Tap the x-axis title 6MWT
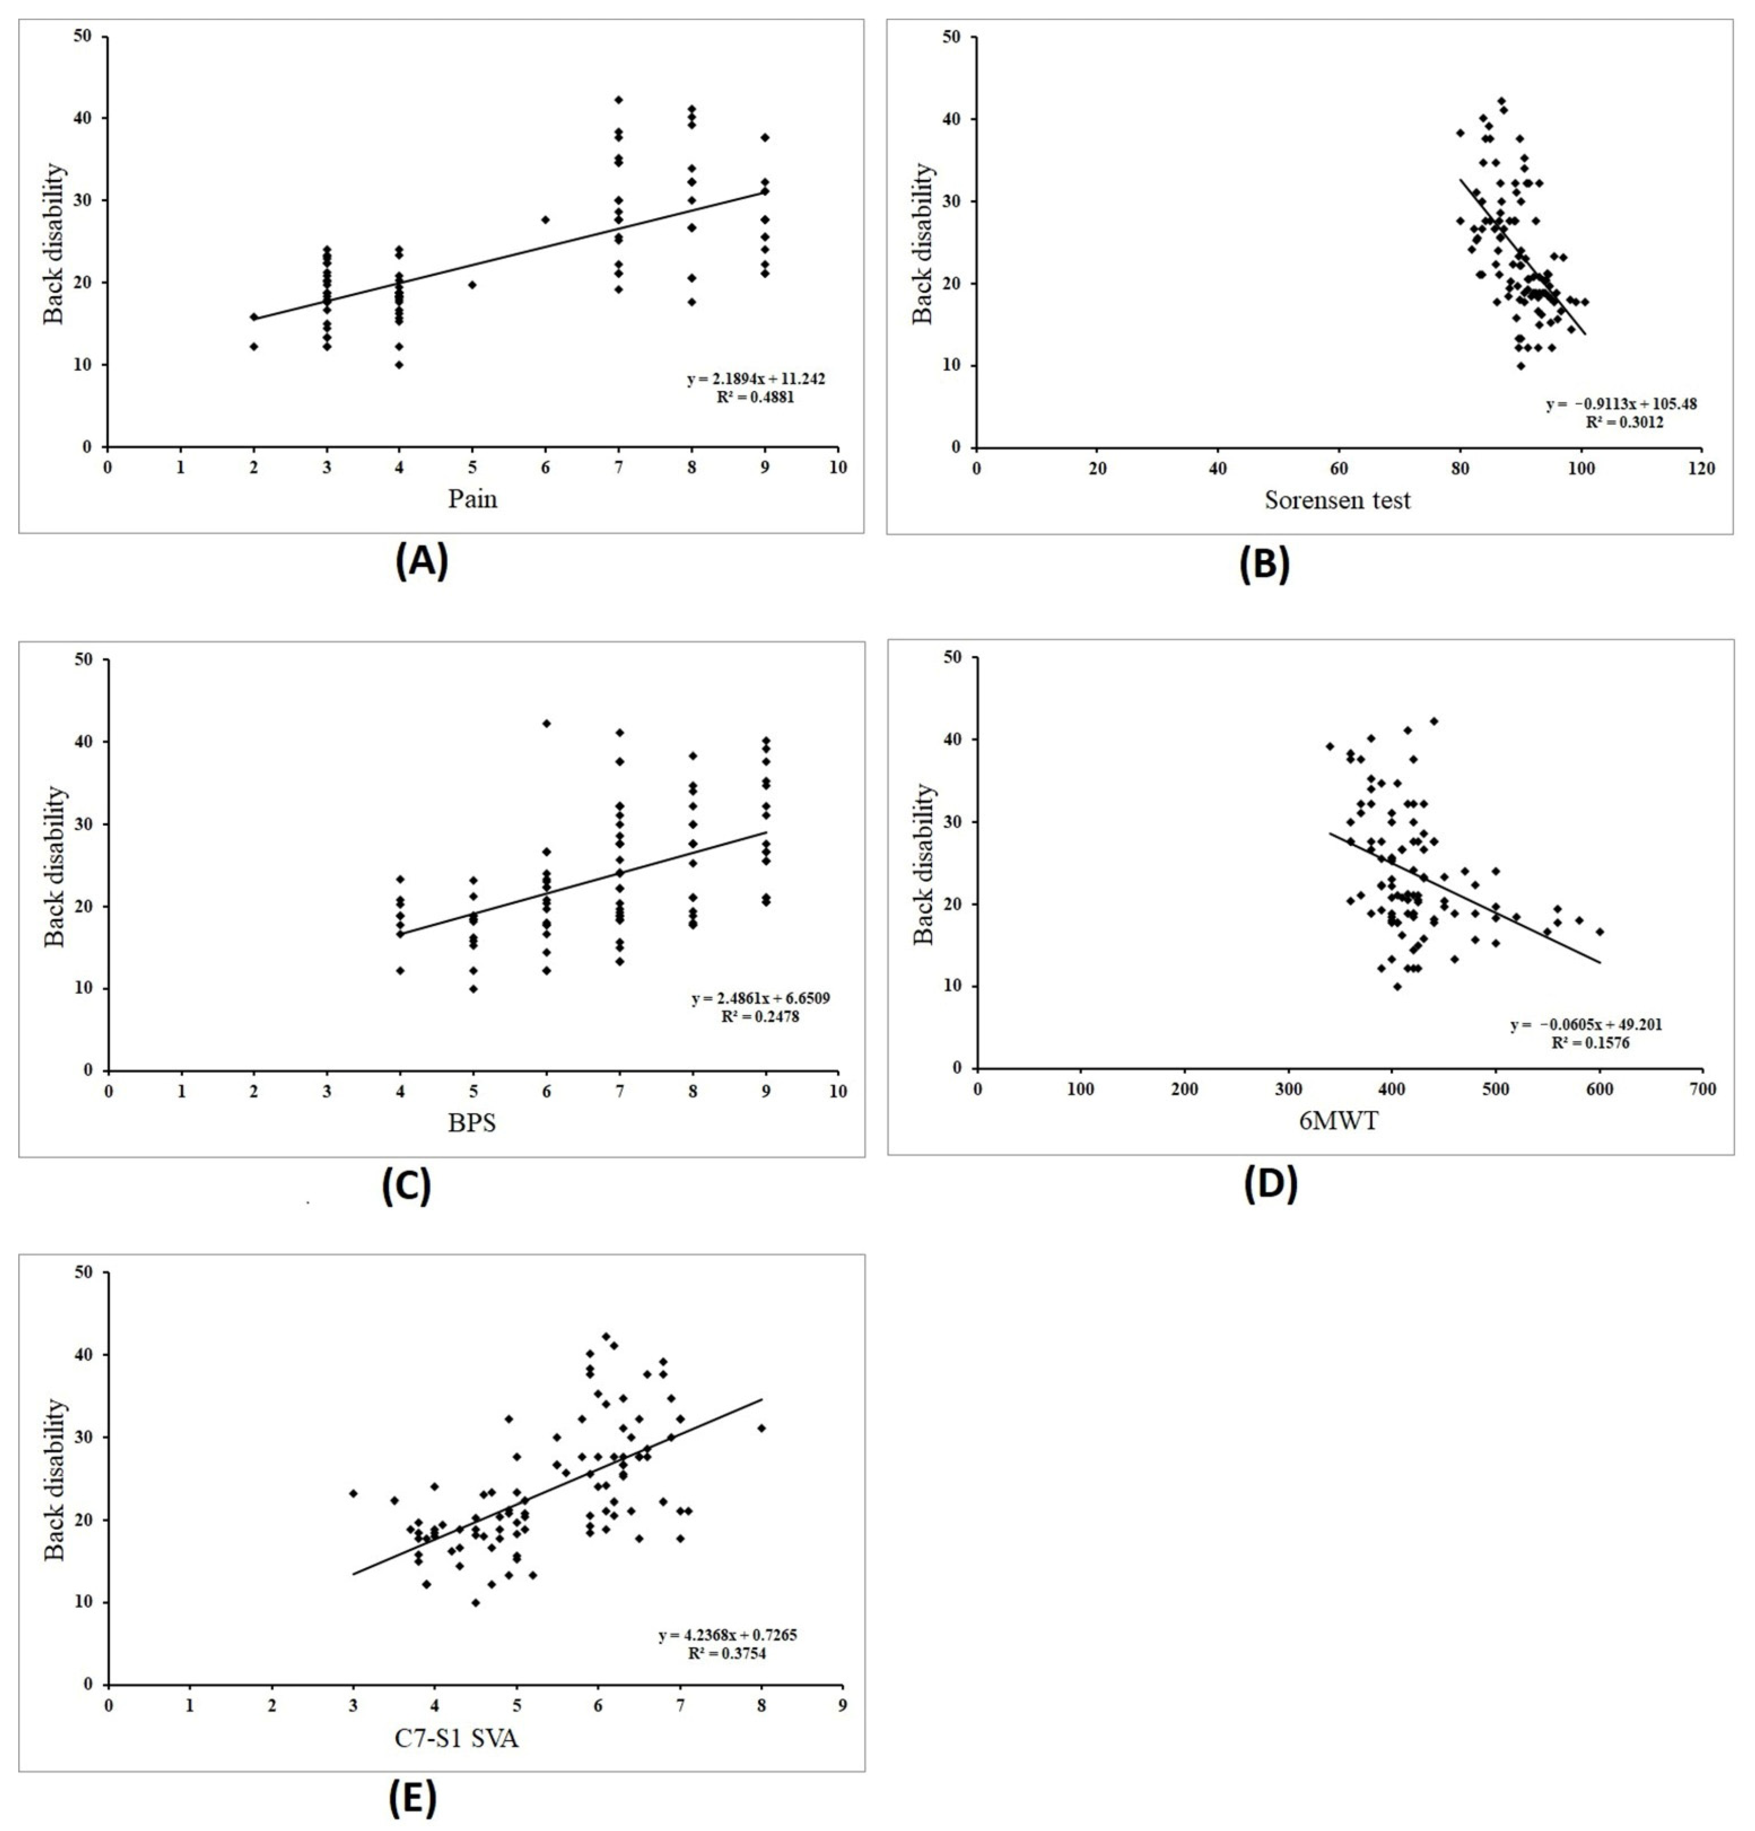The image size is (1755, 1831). [1338, 1120]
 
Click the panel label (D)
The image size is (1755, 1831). [1270, 1184]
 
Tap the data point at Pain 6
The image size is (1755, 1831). [545, 220]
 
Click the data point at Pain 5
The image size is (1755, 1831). [473, 284]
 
